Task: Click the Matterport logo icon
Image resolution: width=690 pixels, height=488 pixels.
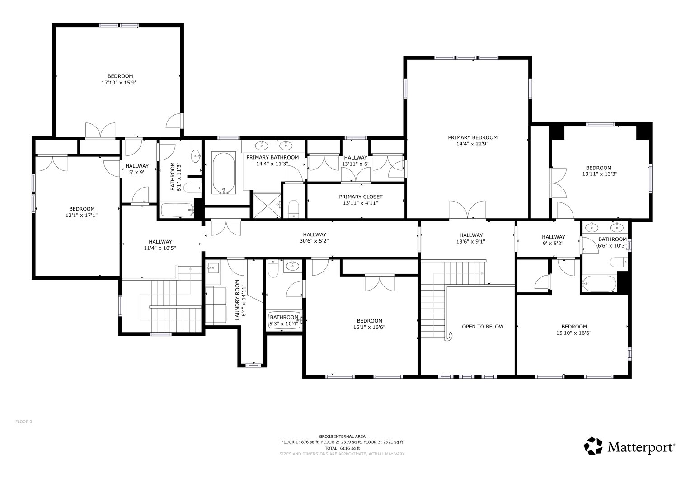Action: tap(593, 446)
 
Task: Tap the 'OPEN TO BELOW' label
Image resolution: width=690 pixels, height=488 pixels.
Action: tap(482, 327)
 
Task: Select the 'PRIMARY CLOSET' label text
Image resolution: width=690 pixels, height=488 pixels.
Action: tap(361, 197)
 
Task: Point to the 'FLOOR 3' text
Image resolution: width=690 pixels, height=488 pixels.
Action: tap(24, 422)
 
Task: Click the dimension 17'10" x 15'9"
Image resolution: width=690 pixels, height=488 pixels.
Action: tap(120, 83)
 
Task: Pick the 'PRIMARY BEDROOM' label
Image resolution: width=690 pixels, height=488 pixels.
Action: tap(472, 137)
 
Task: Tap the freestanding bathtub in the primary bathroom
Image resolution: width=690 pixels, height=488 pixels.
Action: tap(223, 173)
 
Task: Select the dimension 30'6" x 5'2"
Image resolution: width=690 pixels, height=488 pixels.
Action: tap(314, 241)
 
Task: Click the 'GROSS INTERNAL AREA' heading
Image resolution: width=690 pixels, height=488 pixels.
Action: tap(342, 436)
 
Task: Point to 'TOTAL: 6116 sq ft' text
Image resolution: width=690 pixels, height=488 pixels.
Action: tap(342, 448)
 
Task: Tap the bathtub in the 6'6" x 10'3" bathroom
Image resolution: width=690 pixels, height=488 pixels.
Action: tap(599, 283)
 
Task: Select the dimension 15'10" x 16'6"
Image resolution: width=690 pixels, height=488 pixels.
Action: tap(574, 333)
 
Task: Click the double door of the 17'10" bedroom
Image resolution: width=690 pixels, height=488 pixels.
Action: tap(100, 131)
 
